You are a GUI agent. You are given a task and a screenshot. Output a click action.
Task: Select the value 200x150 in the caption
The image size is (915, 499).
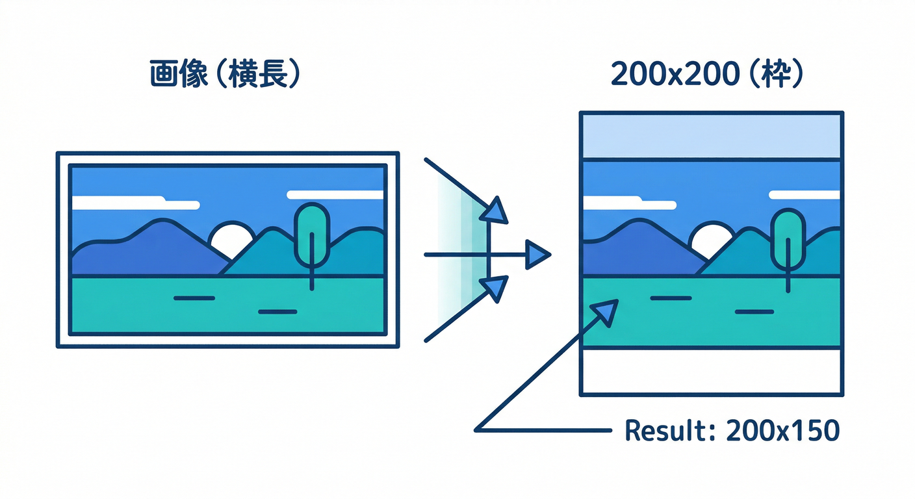(783, 430)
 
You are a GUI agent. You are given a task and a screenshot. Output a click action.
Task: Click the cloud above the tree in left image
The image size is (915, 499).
(335, 194)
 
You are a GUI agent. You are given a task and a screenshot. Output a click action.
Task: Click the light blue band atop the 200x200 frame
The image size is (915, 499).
(712, 136)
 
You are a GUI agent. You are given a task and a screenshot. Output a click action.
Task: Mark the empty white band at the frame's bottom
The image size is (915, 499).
(712, 371)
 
